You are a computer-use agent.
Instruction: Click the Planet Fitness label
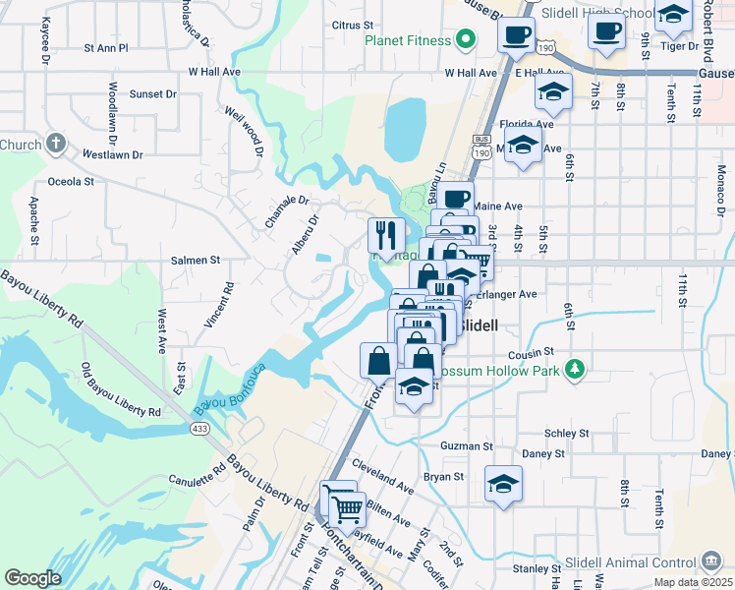tap(408, 40)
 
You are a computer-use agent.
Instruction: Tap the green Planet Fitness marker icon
tap(466, 41)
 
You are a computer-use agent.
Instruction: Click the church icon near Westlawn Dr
tap(55, 144)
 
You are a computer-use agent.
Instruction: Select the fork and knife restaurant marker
tap(386, 235)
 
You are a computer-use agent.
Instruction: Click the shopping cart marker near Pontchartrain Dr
tap(346, 508)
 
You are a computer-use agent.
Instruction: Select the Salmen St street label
tap(196, 260)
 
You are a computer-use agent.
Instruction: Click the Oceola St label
tap(71, 181)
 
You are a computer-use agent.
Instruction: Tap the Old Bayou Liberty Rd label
tap(120, 390)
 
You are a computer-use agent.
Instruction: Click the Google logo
tap(32, 578)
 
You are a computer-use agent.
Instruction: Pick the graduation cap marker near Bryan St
tap(503, 484)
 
